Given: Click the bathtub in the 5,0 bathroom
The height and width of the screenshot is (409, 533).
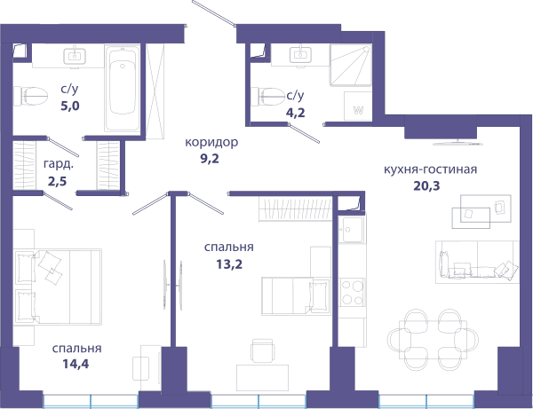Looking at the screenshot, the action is click(x=122, y=88).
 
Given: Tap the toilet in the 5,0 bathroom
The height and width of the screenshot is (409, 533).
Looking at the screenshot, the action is click(x=30, y=96).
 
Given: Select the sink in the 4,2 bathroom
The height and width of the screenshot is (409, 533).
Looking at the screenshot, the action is click(x=300, y=55).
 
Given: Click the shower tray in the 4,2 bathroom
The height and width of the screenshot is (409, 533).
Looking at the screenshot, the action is click(x=351, y=65).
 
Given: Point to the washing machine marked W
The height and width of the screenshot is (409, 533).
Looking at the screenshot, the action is click(x=358, y=106).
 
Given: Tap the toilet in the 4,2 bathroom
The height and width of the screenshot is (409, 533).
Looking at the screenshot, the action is click(x=268, y=97).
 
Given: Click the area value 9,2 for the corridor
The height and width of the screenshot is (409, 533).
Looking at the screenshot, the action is click(x=210, y=159).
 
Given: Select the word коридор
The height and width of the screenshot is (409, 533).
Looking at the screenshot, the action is click(x=211, y=142).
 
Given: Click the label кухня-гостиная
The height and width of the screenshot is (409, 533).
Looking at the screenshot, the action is click(x=430, y=169).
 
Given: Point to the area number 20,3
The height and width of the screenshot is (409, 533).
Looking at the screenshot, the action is click(x=426, y=185).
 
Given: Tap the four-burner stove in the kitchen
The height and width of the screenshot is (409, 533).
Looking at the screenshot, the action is click(x=352, y=292).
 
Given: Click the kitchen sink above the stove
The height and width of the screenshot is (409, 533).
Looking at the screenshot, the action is click(x=352, y=230).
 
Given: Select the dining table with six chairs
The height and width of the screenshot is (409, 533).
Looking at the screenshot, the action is click(x=433, y=340).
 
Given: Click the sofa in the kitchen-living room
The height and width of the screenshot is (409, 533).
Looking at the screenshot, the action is click(x=477, y=262).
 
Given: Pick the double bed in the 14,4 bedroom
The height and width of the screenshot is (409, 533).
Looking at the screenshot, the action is click(x=58, y=287).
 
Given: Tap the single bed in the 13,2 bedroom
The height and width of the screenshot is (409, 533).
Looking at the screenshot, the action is click(x=296, y=296).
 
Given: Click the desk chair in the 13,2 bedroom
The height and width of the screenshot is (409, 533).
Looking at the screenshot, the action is click(x=262, y=350).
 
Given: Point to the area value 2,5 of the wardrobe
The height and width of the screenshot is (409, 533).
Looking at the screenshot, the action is click(x=57, y=182).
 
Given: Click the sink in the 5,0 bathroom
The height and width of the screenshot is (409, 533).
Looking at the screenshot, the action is click(x=75, y=56).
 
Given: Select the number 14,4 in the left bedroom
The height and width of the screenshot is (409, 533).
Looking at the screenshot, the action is click(x=76, y=365).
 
